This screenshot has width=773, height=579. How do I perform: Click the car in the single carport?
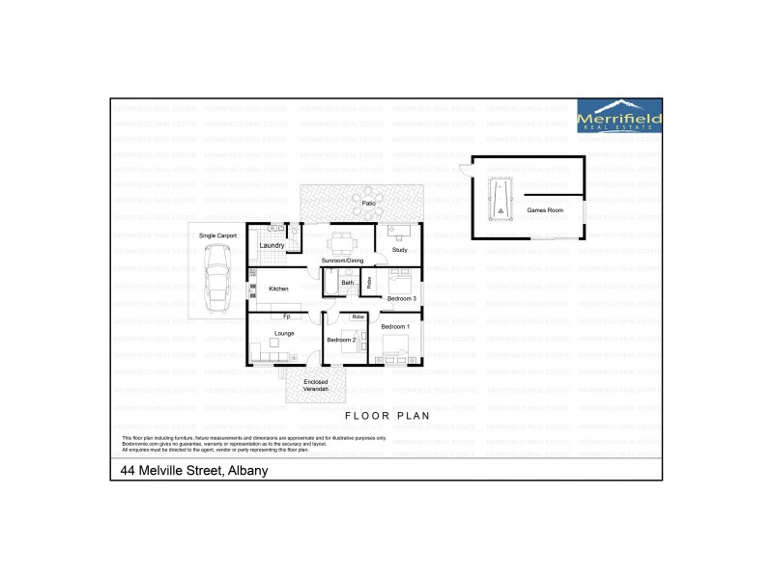[x=217, y=274]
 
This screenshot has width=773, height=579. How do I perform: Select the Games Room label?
[x=544, y=209]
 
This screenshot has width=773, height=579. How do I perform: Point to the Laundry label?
[x=272, y=245]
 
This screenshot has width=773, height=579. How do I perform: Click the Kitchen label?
[x=278, y=289]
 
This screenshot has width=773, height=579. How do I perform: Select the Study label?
[x=400, y=251]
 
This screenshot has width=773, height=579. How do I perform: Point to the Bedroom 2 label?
[x=341, y=340]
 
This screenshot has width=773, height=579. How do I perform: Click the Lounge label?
[x=284, y=333]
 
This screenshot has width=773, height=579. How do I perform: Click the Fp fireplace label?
[x=287, y=317]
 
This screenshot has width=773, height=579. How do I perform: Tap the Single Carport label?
[x=217, y=234]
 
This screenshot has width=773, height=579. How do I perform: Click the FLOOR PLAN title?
[x=386, y=415]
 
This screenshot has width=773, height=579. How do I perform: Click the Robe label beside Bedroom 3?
[x=369, y=282]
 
